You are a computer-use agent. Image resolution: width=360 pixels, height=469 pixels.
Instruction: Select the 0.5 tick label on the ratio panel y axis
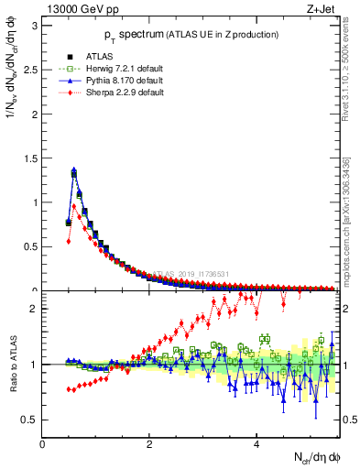tap(29, 420)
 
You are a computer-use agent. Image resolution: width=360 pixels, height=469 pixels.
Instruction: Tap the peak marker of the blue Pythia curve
tap(74, 169)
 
